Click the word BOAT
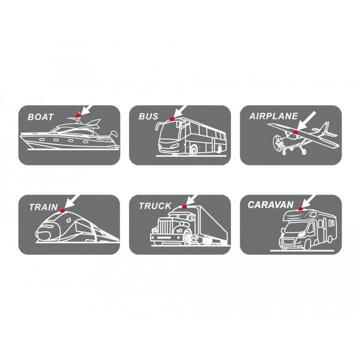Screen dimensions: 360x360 (x=40, y=117)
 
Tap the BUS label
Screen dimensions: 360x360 (x=148, y=116)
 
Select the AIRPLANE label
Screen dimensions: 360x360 (x=274, y=116)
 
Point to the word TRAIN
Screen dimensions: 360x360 (x=43, y=207)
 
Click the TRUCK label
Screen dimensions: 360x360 (x=155, y=206)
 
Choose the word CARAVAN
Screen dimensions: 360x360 (x=270, y=205)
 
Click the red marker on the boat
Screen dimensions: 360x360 (x=79, y=115)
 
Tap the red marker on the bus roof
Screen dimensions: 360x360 (x=172, y=119)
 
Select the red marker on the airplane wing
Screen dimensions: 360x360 (x=295, y=132)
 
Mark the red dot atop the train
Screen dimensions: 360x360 (x=63, y=210)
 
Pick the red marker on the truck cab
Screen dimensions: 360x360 (x=184, y=207)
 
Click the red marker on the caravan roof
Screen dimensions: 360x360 (x=300, y=208)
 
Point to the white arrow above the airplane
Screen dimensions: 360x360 (x=307, y=121)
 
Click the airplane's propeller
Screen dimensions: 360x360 (x=277, y=142)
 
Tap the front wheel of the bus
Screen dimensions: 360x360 (x=193, y=151)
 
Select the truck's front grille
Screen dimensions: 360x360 (x=164, y=227)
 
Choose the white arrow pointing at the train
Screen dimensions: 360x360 (x=72, y=202)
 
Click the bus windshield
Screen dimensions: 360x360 (x=169, y=133)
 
